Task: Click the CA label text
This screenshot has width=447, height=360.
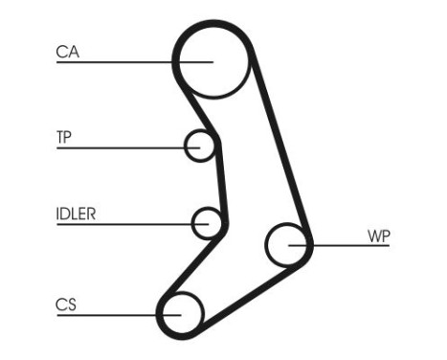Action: (x=67, y=54)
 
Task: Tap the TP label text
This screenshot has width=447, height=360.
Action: (x=64, y=137)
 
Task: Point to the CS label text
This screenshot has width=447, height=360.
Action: (x=66, y=305)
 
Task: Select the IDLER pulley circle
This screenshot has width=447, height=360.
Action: (x=207, y=223)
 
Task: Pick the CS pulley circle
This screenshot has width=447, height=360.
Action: (x=182, y=311)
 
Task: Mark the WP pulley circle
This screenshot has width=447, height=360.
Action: (x=286, y=245)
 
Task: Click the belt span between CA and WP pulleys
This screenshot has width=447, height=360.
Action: (x=282, y=153)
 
